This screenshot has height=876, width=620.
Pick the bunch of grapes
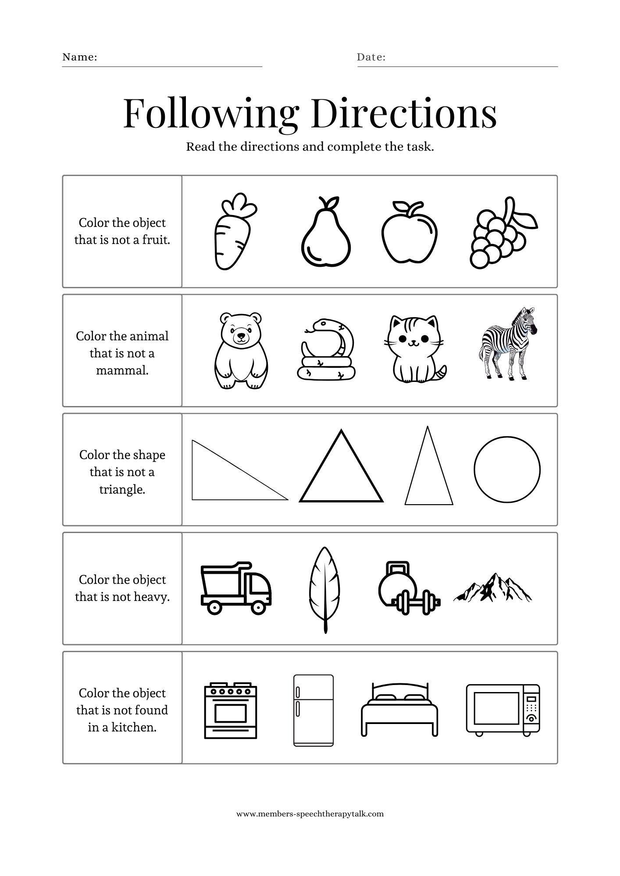[500, 237]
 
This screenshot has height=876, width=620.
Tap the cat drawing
[414, 350]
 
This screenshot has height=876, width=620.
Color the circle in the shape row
[507, 470]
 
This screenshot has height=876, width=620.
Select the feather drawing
[324, 587]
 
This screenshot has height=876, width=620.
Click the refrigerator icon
[313, 710]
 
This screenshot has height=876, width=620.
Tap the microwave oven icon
[502, 709]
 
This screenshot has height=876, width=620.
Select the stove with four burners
[231, 710]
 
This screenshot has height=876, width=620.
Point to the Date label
[371, 57]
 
